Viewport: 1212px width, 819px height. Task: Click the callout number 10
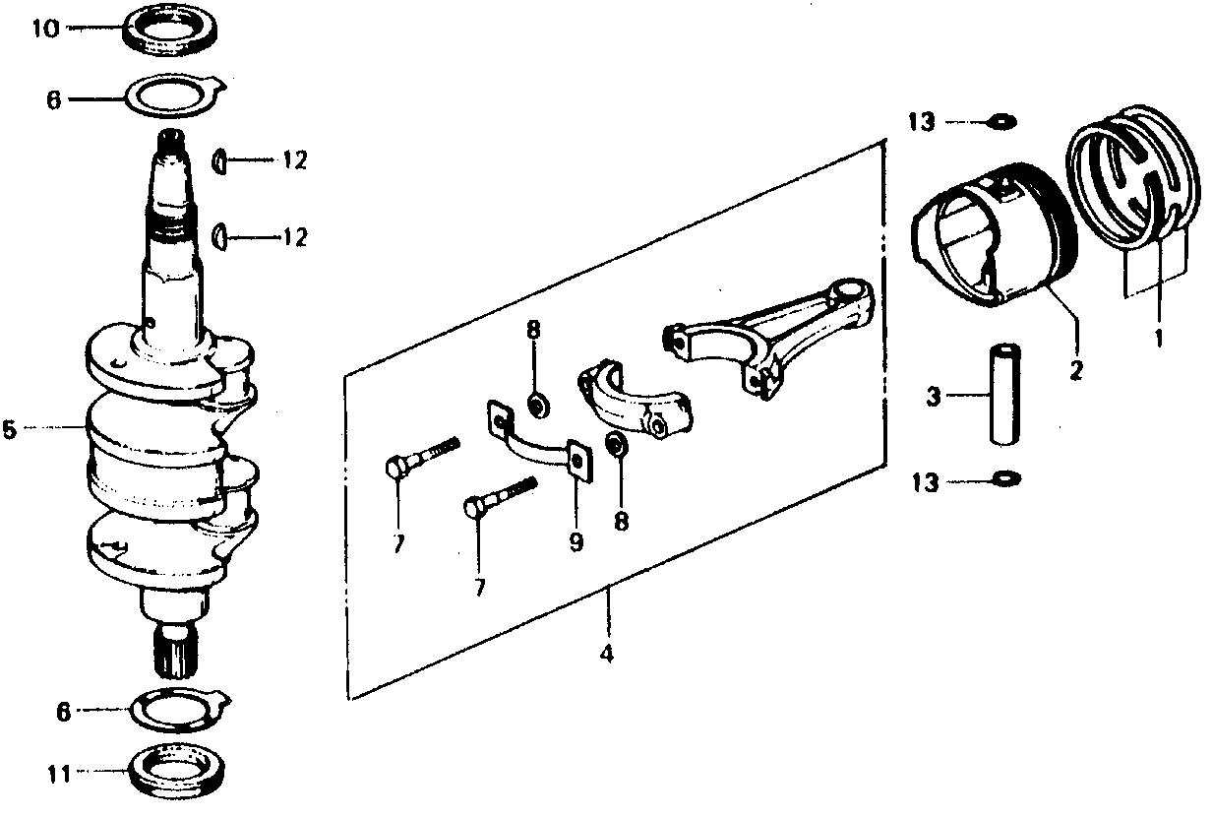(x=45, y=29)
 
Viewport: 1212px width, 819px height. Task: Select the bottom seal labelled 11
(x=177, y=772)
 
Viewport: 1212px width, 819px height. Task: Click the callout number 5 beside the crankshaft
(x=10, y=429)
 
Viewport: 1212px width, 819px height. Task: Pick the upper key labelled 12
(x=218, y=160)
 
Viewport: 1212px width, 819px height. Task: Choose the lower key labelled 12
(x=218, y=237)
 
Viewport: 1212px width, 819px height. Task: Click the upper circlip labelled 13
(x=1001, y=122)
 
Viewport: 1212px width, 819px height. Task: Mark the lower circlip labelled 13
(x=1007, y=478)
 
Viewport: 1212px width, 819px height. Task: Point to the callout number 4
(x=607, y=654)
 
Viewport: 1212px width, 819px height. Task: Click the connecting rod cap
(x=635, y=399)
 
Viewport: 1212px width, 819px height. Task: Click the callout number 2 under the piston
(x=1075, y=370)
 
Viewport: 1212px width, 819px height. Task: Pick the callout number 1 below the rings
(x=1158, y=339)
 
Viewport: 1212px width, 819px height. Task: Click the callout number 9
(x=576, y=540)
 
